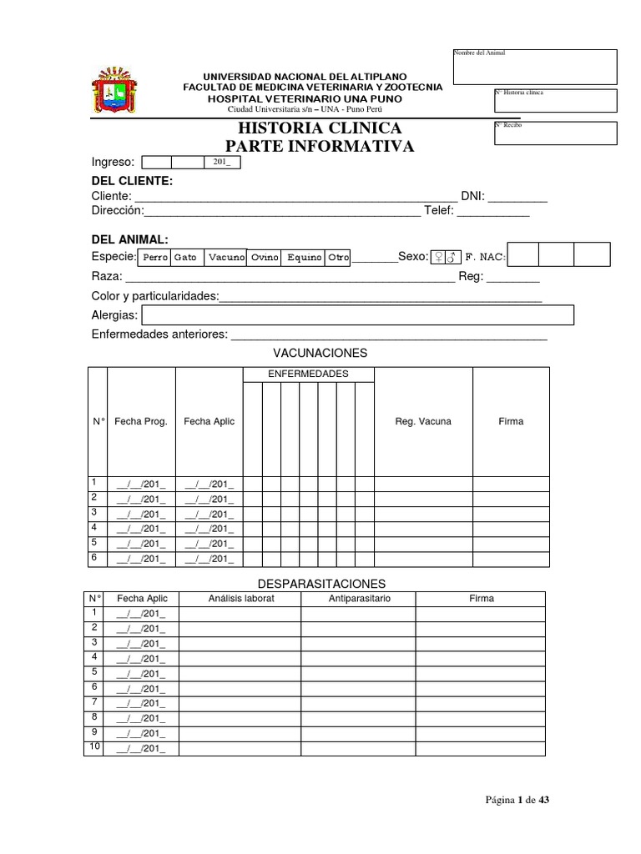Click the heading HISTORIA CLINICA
pyautogui.click(x=320, y=128)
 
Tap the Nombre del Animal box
pyautogui.click(x=534, y=67)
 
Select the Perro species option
pyautogui.click(x=155, y=258)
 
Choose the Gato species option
pyautogui.click(x=185, y=258)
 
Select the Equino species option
pyautogui.click(x=304, y=258)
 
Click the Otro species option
pyautogui.click(x=338, y=258)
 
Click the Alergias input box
pyautogui.click(x=358, y=315)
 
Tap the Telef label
pyautogui.click(x=438, y=211)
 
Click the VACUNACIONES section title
pyautogui.click(x=320, y=353)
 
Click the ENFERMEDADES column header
pyautogui.click(x=308, y=374)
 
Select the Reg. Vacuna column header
pyautogui.click(x=422, y=421)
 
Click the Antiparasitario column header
pyautogui.click(x=360, y=599)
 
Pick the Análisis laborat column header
pyautogui.click(x=240, y=599)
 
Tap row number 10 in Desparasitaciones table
pyautogui.click(x=93, y=747)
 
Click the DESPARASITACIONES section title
pyautogui.click(x=320, y=584)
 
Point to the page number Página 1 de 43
pyautogui.click(x=517, y=800)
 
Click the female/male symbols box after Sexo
pyautogui.click(x=446, y=257)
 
